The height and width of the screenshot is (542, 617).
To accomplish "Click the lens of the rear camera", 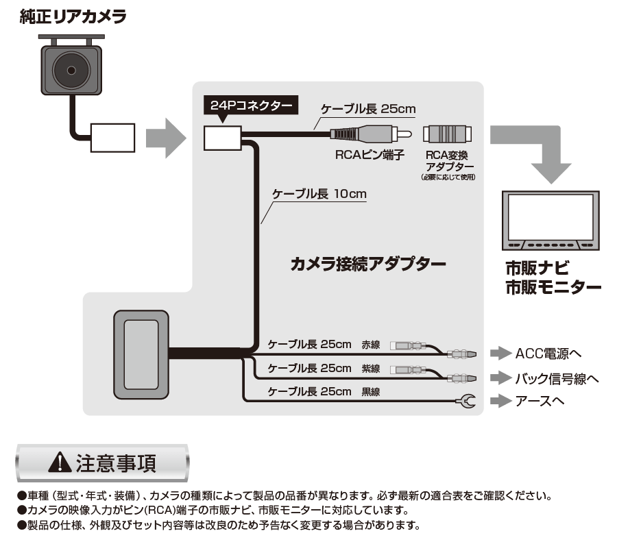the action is (x=71, y=71).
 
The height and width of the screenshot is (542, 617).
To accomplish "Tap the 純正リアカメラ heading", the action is (x=73, y=17).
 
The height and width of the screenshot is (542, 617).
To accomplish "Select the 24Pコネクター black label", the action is (x=251, y=106).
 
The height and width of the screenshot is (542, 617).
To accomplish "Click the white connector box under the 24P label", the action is (x=222, y=138).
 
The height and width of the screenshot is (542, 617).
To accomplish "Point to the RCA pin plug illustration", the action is (x=371, y=134).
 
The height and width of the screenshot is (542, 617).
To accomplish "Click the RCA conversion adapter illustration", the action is (x=447, y=134).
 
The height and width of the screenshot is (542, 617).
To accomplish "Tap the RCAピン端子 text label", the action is (x=370, y=155).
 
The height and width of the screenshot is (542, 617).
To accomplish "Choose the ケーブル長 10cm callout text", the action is (x=319, y=194).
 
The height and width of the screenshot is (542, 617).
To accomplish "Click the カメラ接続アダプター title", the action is (x=368, y=264).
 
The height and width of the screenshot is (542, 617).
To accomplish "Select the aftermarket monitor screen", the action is (x=551, y=217).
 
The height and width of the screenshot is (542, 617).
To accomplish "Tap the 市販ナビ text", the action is (x=537, y=268).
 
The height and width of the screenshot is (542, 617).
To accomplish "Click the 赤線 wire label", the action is (x=371, y=345).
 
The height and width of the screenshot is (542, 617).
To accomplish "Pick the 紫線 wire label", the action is (x=371, y=369).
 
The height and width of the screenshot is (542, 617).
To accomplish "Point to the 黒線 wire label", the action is (x=371, y=392).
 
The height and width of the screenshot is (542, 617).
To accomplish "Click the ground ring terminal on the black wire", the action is (x=467, y=402).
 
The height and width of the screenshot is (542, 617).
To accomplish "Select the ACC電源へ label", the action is (x=548, y=354).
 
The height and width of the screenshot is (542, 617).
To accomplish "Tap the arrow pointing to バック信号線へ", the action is (x=501, y=378).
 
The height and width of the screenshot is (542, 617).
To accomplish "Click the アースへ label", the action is (x=540, y=402).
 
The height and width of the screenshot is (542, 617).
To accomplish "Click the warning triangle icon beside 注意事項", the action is (x=60, y=463).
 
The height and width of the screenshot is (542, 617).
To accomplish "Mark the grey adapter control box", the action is (x=141, y=354).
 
